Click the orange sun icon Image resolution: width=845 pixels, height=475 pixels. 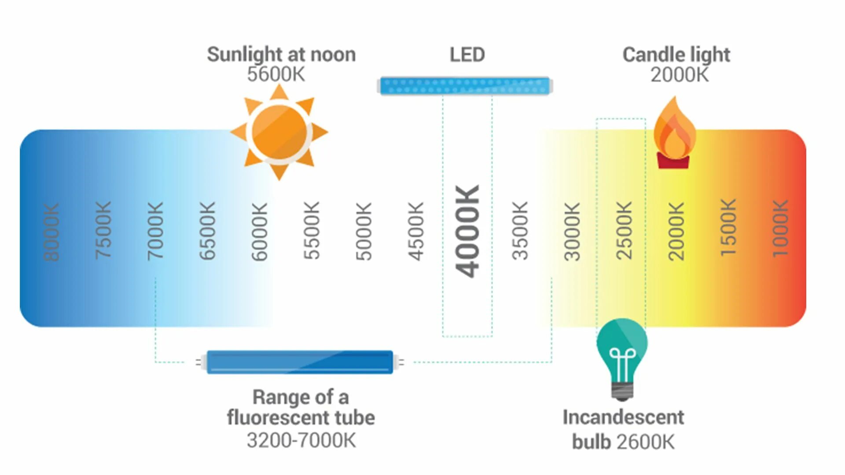279,132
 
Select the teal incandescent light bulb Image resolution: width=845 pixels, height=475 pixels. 622,352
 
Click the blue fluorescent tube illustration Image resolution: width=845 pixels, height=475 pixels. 300,362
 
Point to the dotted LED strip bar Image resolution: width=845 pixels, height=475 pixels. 465,86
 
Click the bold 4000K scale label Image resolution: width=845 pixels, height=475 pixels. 467,231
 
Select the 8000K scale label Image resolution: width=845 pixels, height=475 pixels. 51,232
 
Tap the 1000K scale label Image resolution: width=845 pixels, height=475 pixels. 780,229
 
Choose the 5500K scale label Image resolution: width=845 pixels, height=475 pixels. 312,230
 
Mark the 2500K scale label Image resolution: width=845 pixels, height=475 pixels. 624,230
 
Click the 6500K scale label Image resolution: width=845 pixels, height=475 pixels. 207,230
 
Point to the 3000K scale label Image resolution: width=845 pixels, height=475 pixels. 572,231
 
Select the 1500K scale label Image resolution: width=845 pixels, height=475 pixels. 728,228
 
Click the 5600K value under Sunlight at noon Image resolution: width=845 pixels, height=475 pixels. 276,74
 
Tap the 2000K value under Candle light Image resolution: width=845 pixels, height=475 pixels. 680,75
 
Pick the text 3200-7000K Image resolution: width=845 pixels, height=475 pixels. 301,440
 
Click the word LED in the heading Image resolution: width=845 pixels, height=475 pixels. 467,55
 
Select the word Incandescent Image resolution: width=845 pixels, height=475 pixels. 623,417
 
